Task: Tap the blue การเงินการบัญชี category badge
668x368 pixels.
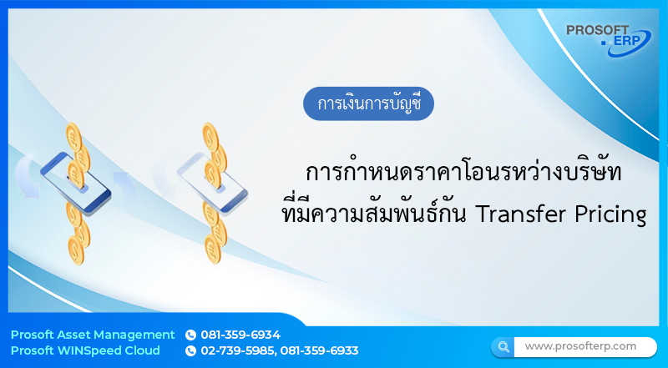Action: point(368,105)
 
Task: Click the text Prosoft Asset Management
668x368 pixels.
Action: point(93,335)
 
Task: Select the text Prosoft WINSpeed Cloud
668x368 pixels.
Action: point(85,351)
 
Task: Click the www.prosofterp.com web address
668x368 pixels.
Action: point(580,345)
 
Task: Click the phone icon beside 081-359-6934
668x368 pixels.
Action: point(190,335)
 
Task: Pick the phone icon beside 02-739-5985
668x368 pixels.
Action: point(190,351)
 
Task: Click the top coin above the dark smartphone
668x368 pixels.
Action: point(73,132)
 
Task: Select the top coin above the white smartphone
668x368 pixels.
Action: point(209,132)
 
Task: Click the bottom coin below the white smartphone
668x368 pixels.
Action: point(215,249)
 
